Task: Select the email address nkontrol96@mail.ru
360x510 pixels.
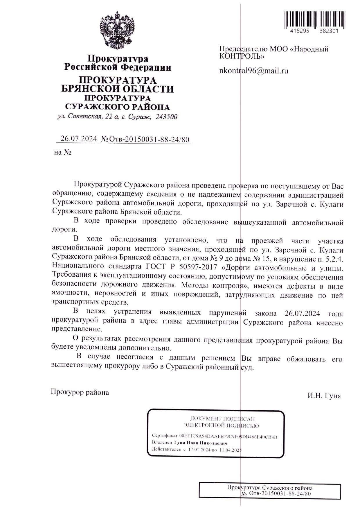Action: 254,71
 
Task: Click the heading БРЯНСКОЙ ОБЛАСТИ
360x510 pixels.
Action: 118,89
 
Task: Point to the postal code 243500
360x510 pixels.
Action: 166,117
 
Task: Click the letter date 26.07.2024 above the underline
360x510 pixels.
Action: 78,139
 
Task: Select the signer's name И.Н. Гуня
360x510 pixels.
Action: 324,396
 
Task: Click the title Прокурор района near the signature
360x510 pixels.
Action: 80,392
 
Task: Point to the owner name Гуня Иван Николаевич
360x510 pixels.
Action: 201,443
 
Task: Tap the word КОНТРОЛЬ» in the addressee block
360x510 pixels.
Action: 242,56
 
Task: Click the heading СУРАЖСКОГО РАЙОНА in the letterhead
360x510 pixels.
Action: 118,107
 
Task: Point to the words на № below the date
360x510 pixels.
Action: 62,152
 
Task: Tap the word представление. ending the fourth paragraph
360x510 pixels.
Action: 77,330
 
